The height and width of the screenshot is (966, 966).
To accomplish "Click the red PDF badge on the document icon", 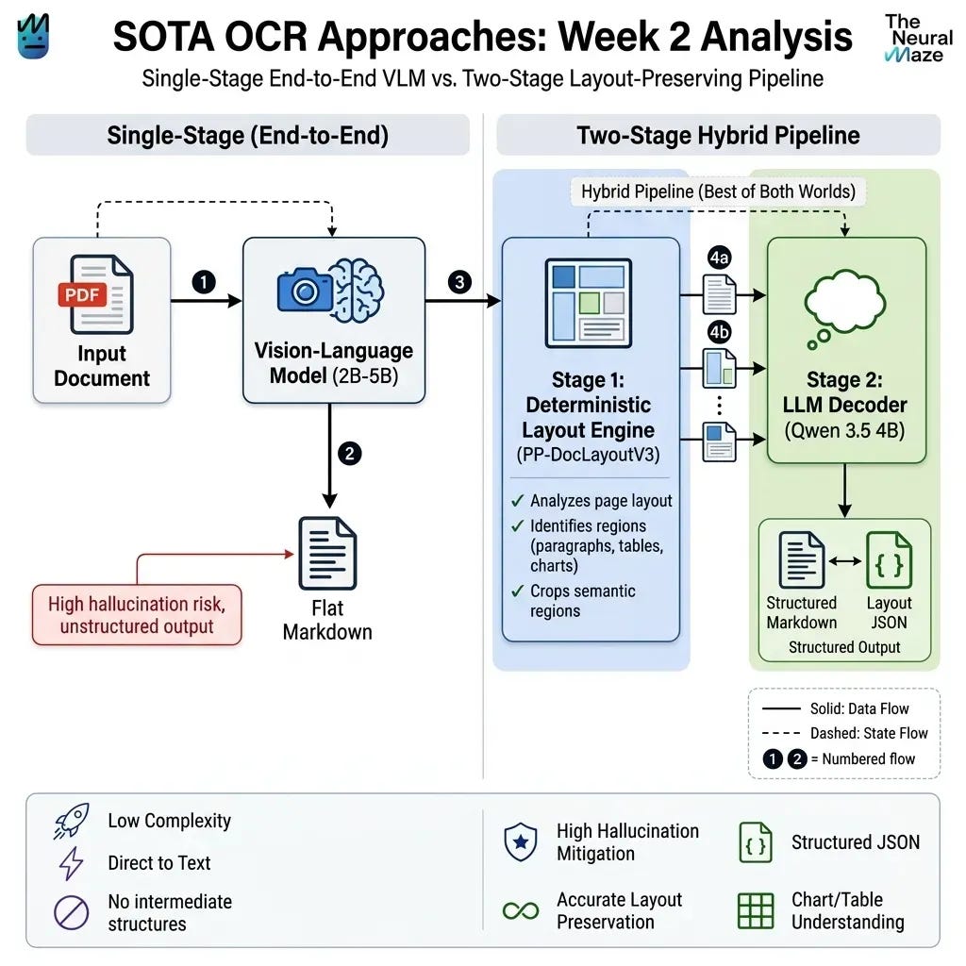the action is click(x=82, y=294).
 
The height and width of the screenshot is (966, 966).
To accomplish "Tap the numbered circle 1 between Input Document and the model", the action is click(x=204, y=282).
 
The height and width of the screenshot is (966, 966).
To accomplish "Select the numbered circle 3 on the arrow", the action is click(x=459, y=282).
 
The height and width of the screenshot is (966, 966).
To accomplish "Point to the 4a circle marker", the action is click(x=719, y=257).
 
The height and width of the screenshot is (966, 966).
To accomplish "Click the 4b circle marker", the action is click(x=719, y=333).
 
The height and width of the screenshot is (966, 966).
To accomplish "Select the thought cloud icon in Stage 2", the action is click(x=844, y=309).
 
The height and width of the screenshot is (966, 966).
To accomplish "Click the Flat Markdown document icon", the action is click(x=327, y=553).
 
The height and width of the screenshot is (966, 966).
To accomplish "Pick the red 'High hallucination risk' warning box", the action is click(x=137, y=615).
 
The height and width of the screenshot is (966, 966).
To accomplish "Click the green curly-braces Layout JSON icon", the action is click(x=889, y=560).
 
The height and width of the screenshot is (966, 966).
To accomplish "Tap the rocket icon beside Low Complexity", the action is click(x=72, y=822).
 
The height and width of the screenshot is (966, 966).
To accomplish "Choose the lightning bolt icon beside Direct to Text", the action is click(x=72, y=863).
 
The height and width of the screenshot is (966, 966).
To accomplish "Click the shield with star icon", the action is click(x=521, y=841).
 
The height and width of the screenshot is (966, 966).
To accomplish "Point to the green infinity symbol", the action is click(x=521, y=910).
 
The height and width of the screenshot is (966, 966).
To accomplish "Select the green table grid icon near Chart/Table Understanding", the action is click(x=756, y=910).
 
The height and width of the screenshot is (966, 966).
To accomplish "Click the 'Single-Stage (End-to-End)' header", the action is click(x=248, y=135).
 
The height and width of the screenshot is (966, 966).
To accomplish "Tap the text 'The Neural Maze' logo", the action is click(x=919, y=39).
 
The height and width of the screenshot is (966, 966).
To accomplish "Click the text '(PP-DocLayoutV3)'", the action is click(x=589, y=455).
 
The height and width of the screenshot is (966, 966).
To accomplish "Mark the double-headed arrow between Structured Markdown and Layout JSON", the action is click(x=845, y=560).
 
